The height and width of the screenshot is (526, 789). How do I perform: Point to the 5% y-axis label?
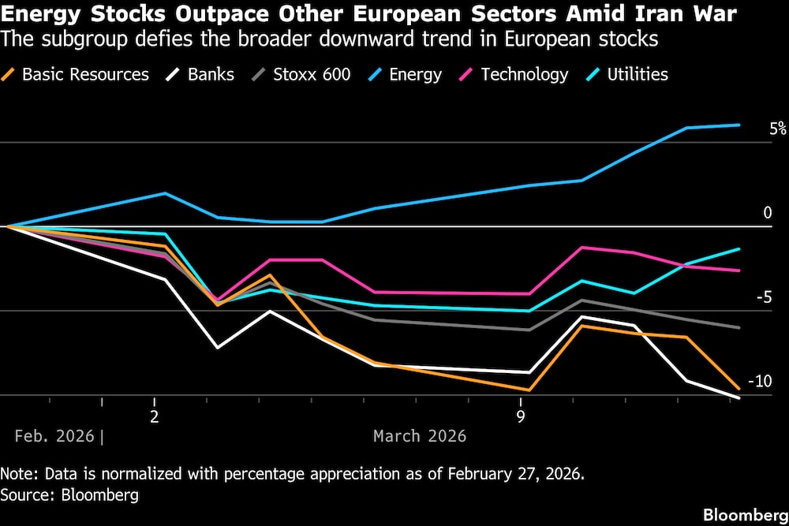coord(778,129)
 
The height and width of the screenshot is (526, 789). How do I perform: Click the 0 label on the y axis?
coord(768,213)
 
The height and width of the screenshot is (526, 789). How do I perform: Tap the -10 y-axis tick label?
coord(759,382)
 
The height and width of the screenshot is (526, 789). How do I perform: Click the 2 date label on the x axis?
coord(155,416)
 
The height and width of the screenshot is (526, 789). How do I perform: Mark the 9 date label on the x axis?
coord(521,416)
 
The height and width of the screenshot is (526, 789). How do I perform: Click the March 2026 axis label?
coord(420,436)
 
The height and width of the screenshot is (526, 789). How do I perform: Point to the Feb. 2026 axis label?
coord(54,436)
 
